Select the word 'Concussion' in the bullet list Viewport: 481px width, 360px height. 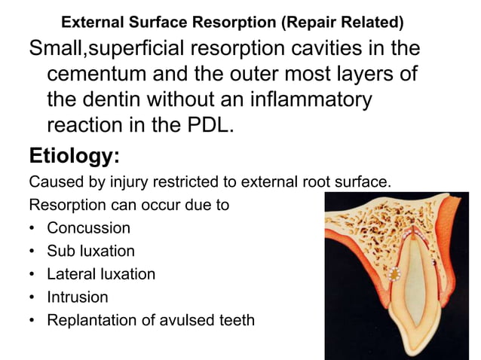pos(88,227)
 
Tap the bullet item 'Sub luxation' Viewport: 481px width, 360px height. pos(90,251)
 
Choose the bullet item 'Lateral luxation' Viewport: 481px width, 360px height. pos(101,274)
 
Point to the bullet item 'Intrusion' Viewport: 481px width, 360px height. pos(78,297)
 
